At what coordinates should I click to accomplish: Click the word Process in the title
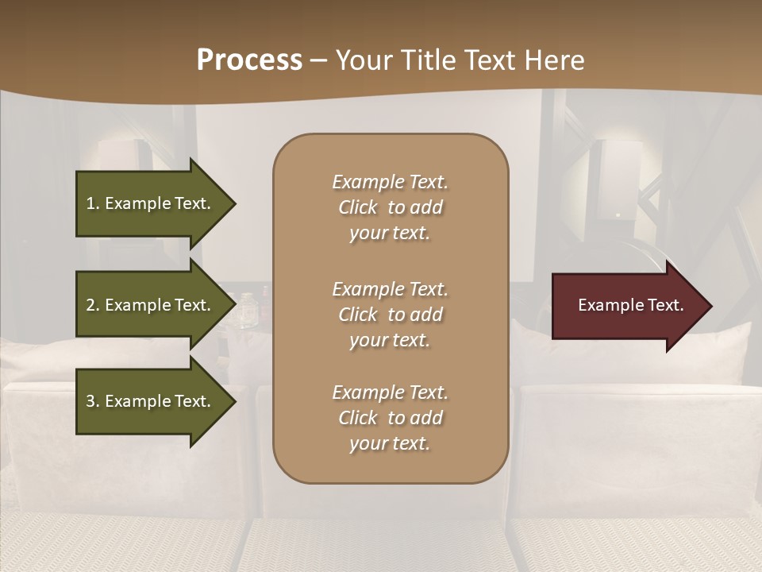pos(249,60)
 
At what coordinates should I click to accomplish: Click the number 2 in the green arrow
pos(90,305)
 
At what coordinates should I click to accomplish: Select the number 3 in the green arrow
pos(90,401)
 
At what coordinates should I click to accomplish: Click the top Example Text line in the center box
pos(390,182)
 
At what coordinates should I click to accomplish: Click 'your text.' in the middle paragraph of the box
pos(390,340)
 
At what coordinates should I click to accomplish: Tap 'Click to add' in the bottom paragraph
pos(390,418)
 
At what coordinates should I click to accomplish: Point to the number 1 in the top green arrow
pos(90,203)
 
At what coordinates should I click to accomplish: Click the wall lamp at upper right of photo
pos(619,179)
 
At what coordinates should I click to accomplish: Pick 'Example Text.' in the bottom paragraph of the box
pos(390,392)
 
